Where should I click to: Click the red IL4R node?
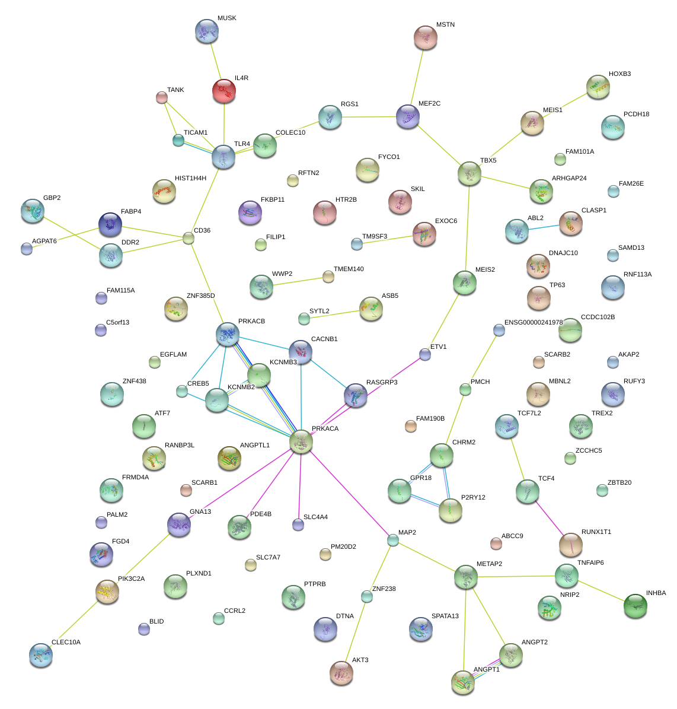click(224, 91)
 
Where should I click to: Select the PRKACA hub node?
click(301, 442)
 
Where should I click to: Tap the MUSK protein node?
click(207, 31)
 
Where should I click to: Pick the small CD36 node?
click(189, 238)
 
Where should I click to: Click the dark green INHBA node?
click(636, 606)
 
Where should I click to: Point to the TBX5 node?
click(470, 174)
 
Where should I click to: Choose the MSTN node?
click(425, 37)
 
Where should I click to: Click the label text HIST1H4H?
click(190, 178)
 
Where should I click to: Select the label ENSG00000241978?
click(534, 322)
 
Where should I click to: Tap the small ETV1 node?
click(425, 355)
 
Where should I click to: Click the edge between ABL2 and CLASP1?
click(544, 227)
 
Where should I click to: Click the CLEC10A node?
click(41, 656)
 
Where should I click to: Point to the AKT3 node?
click(341, 673)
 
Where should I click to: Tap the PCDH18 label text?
click(636, 114)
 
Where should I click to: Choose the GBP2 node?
click(33, 211)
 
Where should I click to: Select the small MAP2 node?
click(393, 540)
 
